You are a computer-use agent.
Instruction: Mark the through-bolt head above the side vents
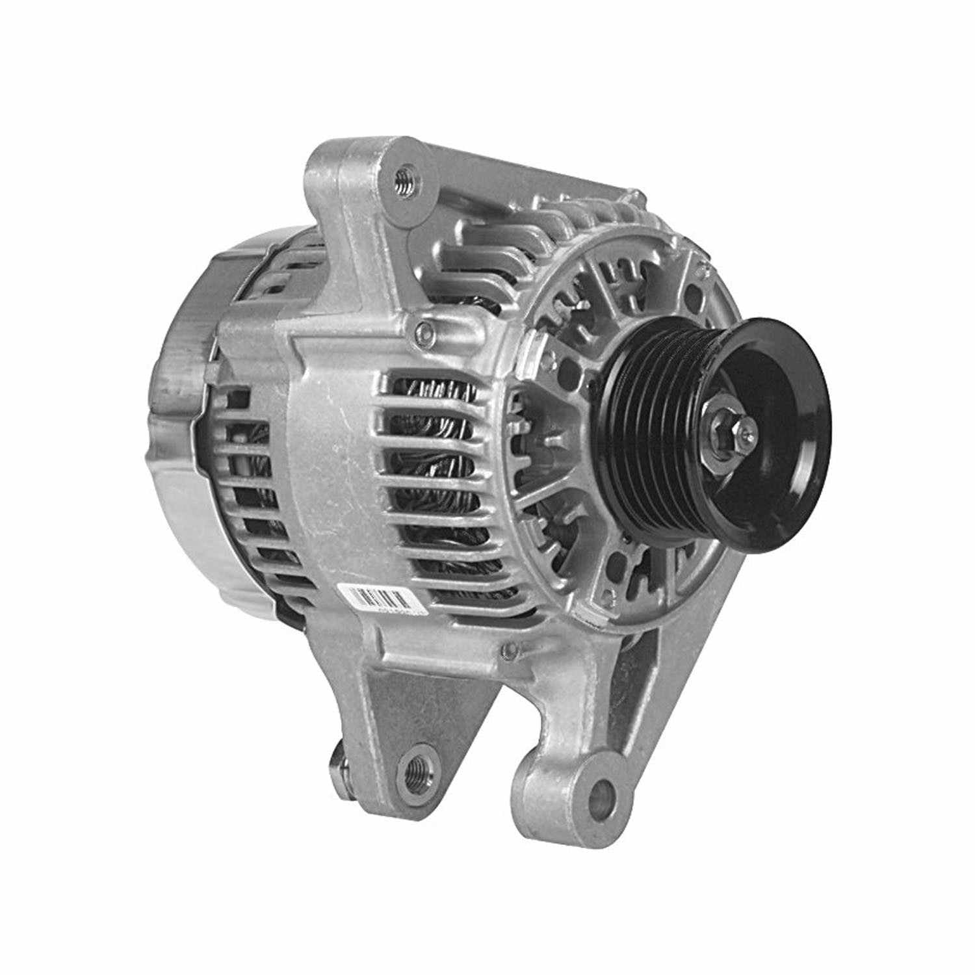tap(426, 332)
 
